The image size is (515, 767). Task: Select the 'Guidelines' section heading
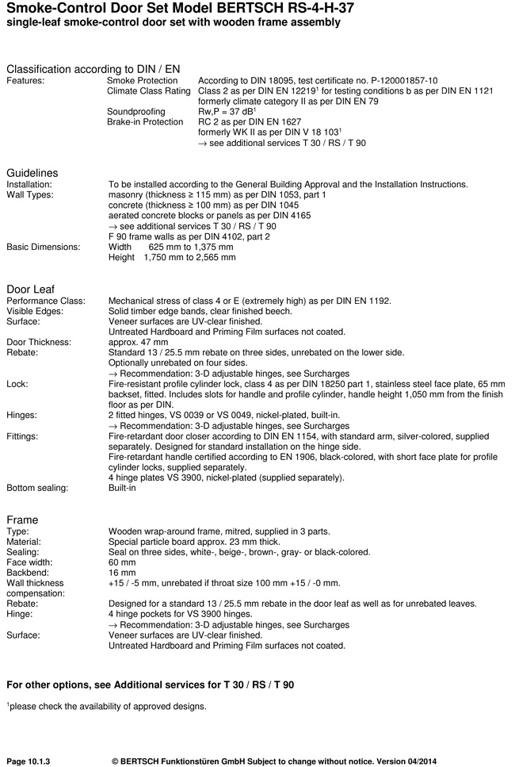[32, 173]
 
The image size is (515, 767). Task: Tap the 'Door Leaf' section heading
[30, 288]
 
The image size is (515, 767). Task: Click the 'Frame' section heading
[22, 520]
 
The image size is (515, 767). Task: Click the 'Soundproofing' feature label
[136, 112]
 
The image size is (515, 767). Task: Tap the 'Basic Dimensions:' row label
[44, 247]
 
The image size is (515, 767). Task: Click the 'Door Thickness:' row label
[40, 342]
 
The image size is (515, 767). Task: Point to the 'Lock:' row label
[18, 382]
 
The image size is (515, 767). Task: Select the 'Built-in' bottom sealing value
[122, 488]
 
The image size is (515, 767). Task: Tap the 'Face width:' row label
[31, 562]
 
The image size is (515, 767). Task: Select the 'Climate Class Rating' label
[148, 91]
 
